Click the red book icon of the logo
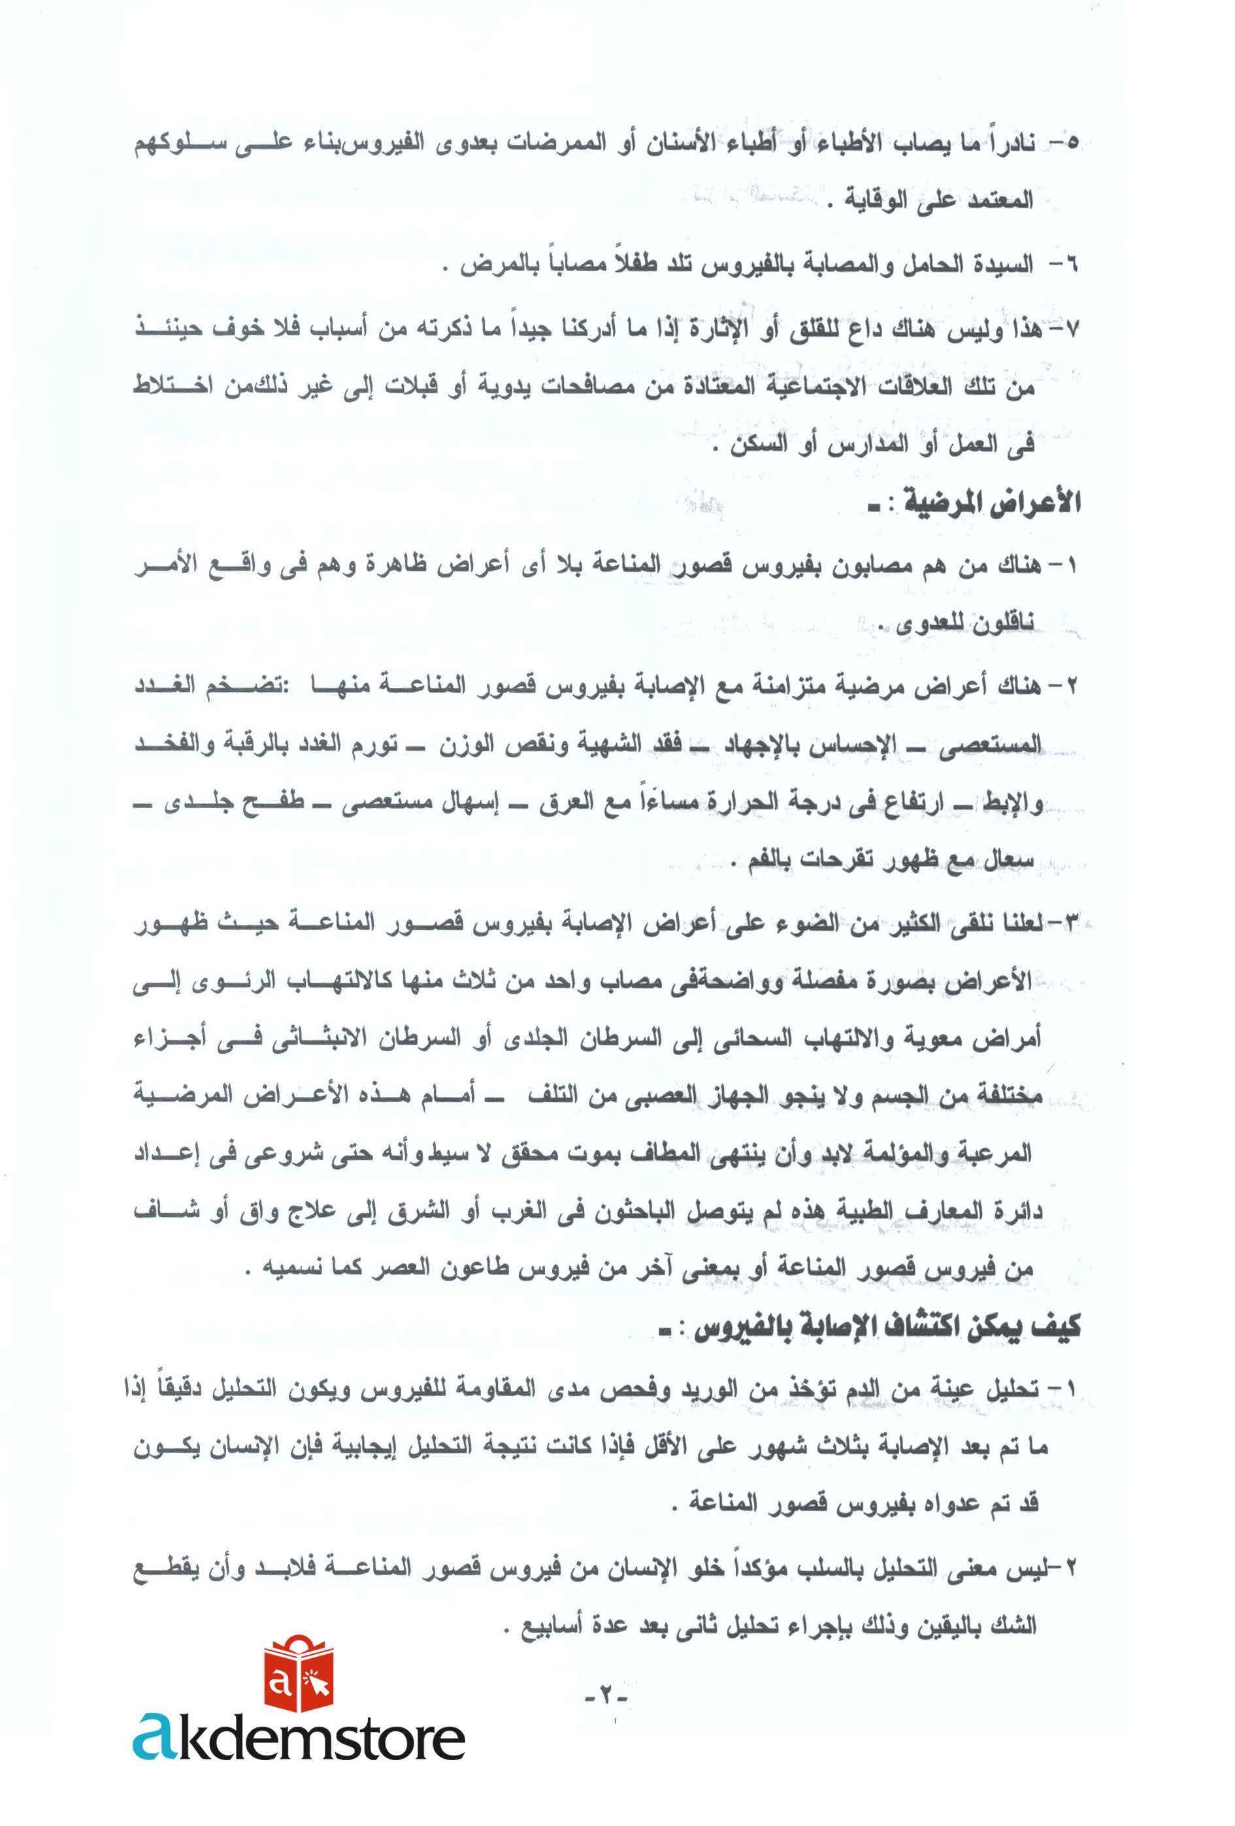coord(298,1674)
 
